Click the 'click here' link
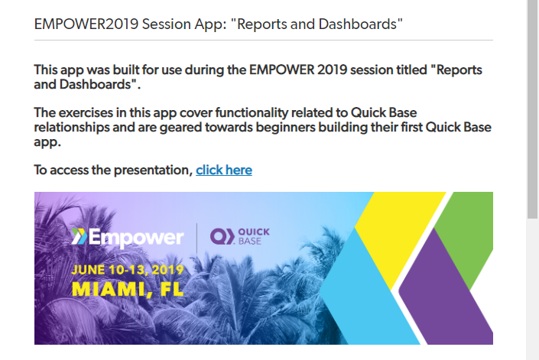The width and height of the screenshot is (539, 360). pos(224,170)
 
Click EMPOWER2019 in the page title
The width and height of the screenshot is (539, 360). pos(86,24)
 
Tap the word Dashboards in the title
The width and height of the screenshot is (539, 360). pos(358,24)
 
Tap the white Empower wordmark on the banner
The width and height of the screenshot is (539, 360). pos(136,238)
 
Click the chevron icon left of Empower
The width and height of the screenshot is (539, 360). pos(79,236)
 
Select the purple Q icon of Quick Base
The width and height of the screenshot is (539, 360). pos(222,236)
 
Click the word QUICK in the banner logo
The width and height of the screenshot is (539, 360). pos(254,232)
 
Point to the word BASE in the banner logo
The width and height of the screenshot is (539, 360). pos(250,241)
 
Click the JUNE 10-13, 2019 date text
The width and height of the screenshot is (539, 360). pos(128,270)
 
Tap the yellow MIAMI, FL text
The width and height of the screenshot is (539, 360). pos(128,289)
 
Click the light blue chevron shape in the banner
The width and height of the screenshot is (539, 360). pos(365,292)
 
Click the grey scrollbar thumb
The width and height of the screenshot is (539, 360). pos(532,109)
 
